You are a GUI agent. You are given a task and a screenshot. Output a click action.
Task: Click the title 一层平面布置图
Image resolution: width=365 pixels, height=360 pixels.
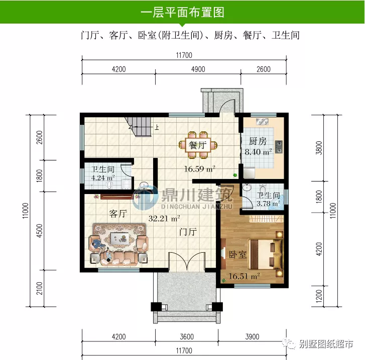pos(182,11)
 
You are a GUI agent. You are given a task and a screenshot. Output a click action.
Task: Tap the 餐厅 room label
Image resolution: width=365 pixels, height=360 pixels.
pos(198,145)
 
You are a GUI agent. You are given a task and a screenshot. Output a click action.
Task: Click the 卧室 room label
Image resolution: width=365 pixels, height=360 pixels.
pos(237,255)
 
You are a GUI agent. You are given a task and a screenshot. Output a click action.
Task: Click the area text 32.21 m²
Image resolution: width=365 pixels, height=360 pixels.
pos(164,218)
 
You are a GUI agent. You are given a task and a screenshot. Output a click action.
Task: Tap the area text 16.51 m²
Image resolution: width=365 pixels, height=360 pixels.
pos(244,276)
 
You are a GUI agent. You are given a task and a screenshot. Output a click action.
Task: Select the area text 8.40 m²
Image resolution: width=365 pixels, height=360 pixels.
pos(258,151)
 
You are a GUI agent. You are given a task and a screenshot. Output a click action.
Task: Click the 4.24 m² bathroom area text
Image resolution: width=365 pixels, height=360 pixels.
pos(103,177)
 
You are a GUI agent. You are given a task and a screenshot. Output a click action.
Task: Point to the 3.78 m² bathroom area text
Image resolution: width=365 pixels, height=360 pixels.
pos(268,204)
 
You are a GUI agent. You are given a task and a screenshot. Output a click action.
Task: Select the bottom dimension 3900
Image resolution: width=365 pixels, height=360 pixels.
pos(253,336)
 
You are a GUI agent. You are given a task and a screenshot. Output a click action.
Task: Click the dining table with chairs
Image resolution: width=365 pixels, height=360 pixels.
pos(199,142)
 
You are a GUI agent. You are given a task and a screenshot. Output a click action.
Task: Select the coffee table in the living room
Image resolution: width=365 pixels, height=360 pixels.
pos(119,238)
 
